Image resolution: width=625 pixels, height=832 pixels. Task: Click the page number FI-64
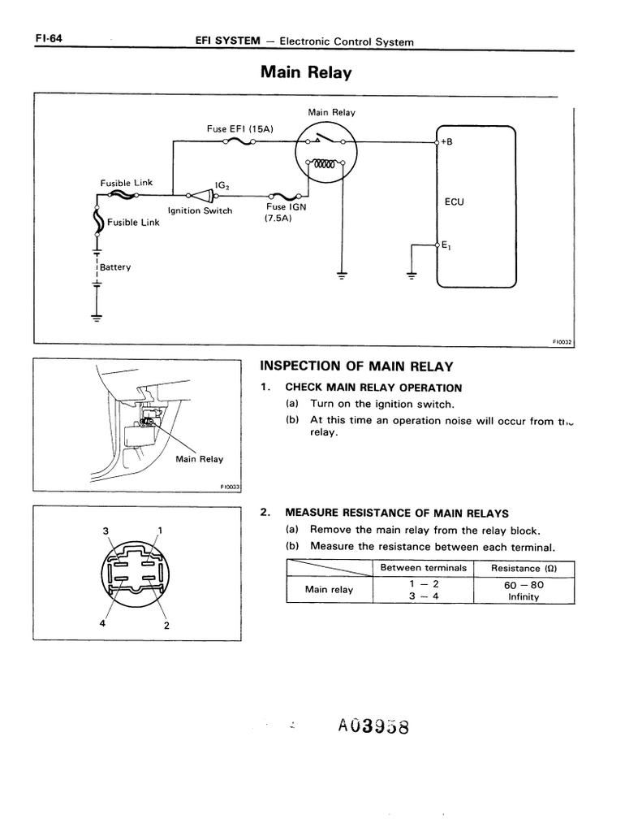click(50, 38)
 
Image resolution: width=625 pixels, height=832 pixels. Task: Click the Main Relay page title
click(305, 73)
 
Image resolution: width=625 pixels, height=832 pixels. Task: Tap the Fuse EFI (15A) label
click(240, 129)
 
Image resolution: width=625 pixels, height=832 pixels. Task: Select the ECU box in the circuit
click(476, 206)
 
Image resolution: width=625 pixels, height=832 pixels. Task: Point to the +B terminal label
click(446, 142)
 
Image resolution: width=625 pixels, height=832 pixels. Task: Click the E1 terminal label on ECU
click(446, 245)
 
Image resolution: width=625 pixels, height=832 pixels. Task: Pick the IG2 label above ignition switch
click(222, 185)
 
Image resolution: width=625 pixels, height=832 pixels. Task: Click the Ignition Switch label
click(200, 211)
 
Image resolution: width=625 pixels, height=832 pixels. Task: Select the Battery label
click(115, 267)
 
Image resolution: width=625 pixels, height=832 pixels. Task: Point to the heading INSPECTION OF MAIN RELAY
click(356, 366)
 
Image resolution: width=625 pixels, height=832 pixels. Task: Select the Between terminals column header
click(423, 568)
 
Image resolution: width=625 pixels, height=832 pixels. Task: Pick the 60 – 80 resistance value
click(523, 584)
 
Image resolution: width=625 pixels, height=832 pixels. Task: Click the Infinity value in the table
click(524, 596)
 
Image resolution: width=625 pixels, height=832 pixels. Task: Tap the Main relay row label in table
click(329, 590)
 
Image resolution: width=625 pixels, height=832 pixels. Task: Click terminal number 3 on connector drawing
click(105, 531)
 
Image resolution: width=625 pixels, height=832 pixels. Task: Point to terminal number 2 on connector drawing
click(166, 626)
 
